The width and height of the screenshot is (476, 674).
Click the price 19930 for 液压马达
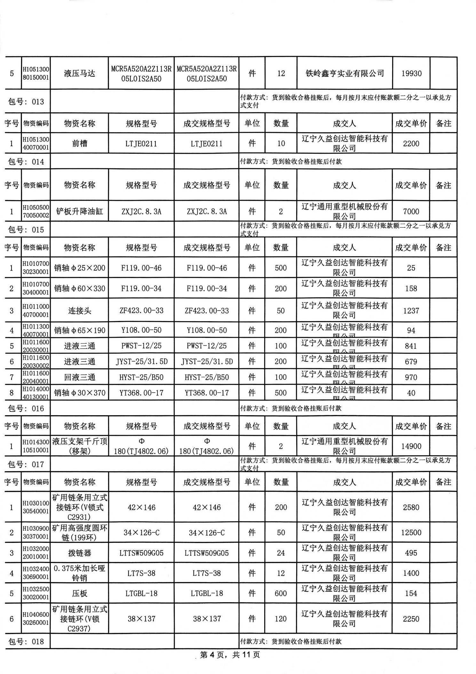pyautogui.click(x=411, y=74)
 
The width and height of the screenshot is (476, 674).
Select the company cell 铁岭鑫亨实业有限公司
pyautogui.click(x=345, y=74)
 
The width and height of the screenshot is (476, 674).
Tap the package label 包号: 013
pyautogui.click(x=26, y=102)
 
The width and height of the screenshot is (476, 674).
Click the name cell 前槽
pyautogui.click(x=79, y=143)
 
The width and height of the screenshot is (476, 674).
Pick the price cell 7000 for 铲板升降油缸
pyautogui.click(x=411, y=211)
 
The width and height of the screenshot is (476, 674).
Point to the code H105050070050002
pyautogui.click(x=36, y=211)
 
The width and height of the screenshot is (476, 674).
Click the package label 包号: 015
pyautogui.click(x=26, y=230)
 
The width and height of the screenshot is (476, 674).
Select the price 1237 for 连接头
pyautogui.click(x=411, y=311)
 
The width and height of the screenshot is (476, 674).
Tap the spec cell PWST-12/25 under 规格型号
pyautogui.click(x=141, y=346)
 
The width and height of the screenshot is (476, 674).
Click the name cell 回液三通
pyautogui.click(x=79, y=377)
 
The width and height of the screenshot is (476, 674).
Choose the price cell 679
pyautogui.click(x=411, y=361)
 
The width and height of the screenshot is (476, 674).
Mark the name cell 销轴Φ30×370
pyautogui.click(x=79, y=393)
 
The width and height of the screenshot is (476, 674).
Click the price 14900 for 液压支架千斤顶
pyautogui.click(x=411, y=446)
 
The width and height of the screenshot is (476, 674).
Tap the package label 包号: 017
pyautogui.click(x=26, y=464)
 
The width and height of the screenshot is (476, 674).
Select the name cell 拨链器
pyautogui.click(x=79, y=553)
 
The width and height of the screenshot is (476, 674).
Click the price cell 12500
pyautogui.click(x=411, y=532)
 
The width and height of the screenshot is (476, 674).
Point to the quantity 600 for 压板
pyautogui.click(x=281, y=593)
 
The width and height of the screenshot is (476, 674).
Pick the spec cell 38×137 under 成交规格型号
pyautogui.click(x=207, y=619)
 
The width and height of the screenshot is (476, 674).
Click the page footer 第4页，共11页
pyautogui.click(x=230, y=654)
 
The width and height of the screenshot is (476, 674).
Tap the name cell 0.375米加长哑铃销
pyautogui.click(x=79, y=573)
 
